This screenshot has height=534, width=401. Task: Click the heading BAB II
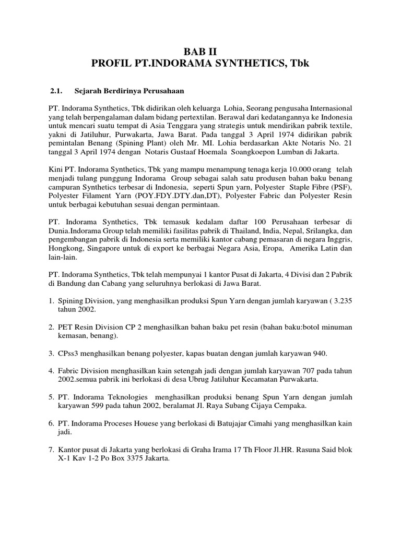(x=200, y=51)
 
